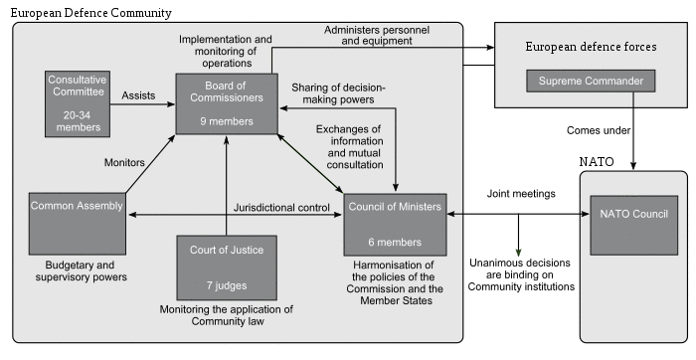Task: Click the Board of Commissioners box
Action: point(227,102)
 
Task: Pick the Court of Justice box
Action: point(226,268)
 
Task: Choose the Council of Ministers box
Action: point(394,226)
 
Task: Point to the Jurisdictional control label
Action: point(281,207)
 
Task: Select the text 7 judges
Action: point(226,286)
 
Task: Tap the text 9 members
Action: point(227,121)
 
